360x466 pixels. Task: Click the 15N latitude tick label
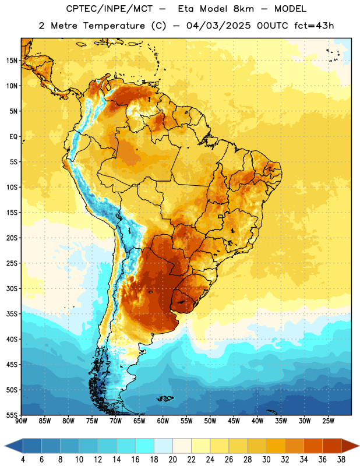pyautogui.click(x=12, y=61)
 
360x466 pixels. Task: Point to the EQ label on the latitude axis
pyautogui.click(x=13, y=137)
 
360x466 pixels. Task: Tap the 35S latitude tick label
pyautogui.click(x=12, y=314)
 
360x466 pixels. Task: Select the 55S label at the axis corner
pyautogui.click(x=12, y=415)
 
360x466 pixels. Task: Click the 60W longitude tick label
pyautogui.click(x=163, y=421)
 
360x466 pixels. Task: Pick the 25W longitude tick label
pyautogui.click(x=328, y=421)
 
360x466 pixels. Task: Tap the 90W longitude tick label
pyautogui.click(x=21, y=421)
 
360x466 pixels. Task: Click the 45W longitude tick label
pyautogui.click(x=234, y=421)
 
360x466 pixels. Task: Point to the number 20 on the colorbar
pyautogui.click(x=172, y=460)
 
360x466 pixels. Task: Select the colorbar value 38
pyautogui.click(x=341, y=460)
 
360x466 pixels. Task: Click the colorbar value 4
pyautogui.click(x=23, y=460)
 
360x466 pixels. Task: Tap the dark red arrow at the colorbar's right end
pyautogui.click(x=351, y=446)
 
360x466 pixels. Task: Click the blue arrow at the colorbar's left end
pyautogui.click(x=13, y=446)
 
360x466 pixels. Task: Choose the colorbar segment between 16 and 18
pyautogui.click(x=145, y=446)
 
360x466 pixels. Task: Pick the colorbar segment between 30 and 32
pyautogui.click(x=276, y=446)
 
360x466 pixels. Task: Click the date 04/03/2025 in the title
pyautogui.click(x=218, y=26)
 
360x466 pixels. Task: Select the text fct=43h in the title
pyautogui.click(x=314, y=26)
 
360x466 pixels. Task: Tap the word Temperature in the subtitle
pyautogui.click(x=114, y=26)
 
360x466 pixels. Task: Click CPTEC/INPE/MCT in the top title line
pyautogui.click(x=110, y=9)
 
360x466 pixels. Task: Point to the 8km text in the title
pyautogui.click(x=243, y=9)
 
